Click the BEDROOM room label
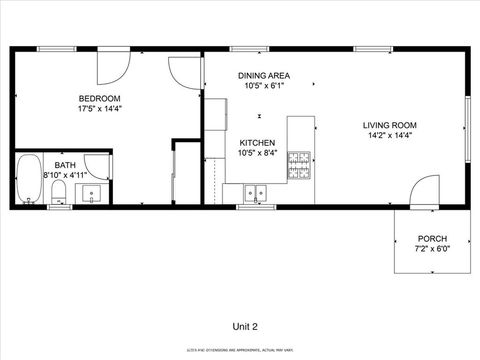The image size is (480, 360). pyautogui.click(x=99, y=98)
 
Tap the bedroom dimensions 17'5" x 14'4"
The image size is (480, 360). pyautogui.click(x=99, y=108)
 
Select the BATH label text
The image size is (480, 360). pyautogui.click(x=64, y=165)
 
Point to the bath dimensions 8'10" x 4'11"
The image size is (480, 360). pyautogui.click(x=64, y=175)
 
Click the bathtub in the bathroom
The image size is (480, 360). pyautogui.click(x=28, y=180)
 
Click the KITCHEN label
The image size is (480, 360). pyautogui.click(x=257, y=143)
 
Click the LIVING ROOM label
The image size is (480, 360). pyautogui.click(x=388, y=125)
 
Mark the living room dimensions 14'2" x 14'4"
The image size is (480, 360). pyautogui.click(x=388, y=135)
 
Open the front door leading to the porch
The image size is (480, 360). pyautogui.click(x=426, y=190)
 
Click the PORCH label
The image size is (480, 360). pyautogui.click(x=433, y=238)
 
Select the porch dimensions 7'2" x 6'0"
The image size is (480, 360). pyautogui.click(x=433, y=248)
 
